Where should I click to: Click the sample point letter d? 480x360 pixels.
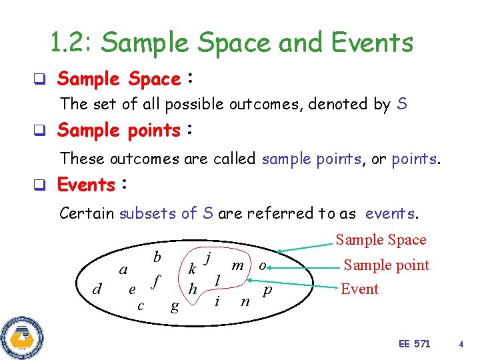(97, 289)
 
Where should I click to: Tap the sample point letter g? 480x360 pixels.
(175, 306)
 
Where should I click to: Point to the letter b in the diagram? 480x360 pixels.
(157, 257)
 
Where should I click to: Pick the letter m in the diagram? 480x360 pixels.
(237, 265)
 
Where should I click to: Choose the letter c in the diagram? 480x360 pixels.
(140, 305)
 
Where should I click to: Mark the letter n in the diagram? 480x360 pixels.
(245, 301)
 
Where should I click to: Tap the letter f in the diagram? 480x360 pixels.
(156, 282)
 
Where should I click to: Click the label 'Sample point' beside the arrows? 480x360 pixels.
(386, 265)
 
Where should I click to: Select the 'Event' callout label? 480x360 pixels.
(359, 289)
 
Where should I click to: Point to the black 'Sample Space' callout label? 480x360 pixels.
(381, 239)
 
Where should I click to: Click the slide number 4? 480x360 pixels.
(461, 344)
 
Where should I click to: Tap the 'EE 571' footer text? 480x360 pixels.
(414, 344)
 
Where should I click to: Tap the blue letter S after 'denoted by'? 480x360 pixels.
(401, 104)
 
